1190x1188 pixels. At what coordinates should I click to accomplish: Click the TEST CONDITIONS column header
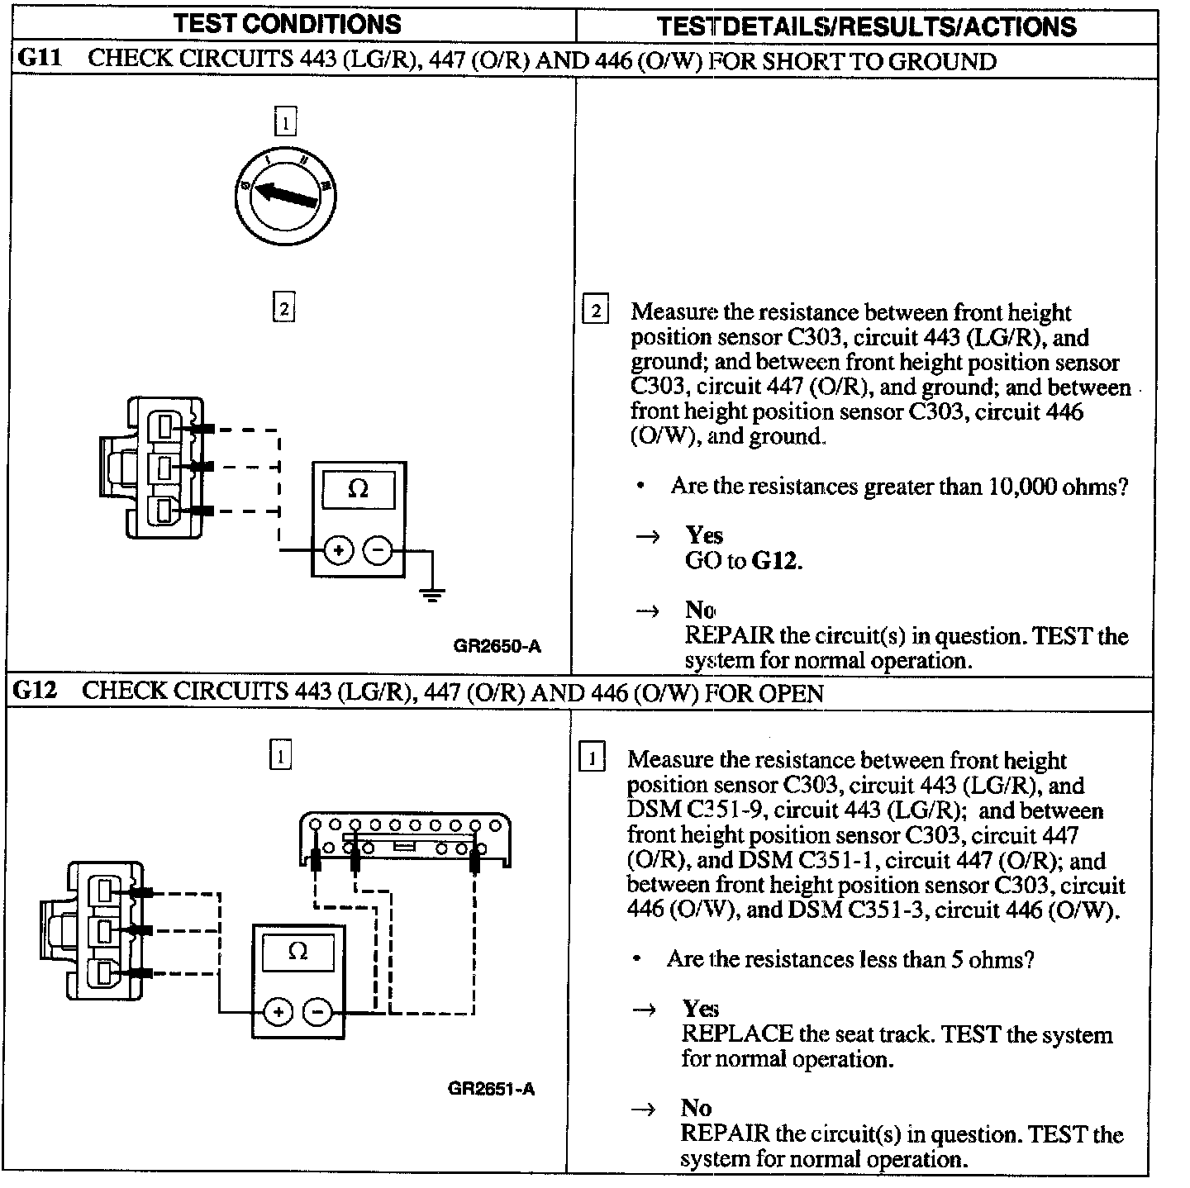click(x=288, y=24)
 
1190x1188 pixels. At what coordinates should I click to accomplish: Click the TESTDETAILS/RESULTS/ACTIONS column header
click(x=867, y=26)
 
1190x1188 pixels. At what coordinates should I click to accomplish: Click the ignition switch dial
click(x=285, y=195)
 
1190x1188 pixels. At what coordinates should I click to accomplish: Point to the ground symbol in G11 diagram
click(x=431, y=593)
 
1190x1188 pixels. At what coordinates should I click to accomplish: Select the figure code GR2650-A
click(x=497, y=646)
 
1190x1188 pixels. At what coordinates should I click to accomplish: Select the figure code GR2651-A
click(x=492, y=1089)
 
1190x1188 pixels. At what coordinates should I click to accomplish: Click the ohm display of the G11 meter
click(x=358, y=489)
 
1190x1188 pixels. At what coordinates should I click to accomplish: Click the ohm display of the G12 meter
click(x=297, y=952)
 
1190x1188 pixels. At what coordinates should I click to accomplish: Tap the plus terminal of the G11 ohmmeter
click(x=338, y=549)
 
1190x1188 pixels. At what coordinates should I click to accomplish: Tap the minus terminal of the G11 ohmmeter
click(x=378, y=549)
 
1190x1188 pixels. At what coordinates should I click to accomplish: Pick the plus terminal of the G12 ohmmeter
click(x=278, y=1012)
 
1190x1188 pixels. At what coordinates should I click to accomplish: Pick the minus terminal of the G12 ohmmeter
click(x=318, y=1012)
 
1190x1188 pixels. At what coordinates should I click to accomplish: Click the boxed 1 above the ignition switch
click(x=284, y=123)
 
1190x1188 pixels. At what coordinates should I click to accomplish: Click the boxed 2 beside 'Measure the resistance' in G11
click(x=595, y=311)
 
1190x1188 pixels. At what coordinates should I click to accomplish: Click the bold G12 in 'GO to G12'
click(x=777, y=561)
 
